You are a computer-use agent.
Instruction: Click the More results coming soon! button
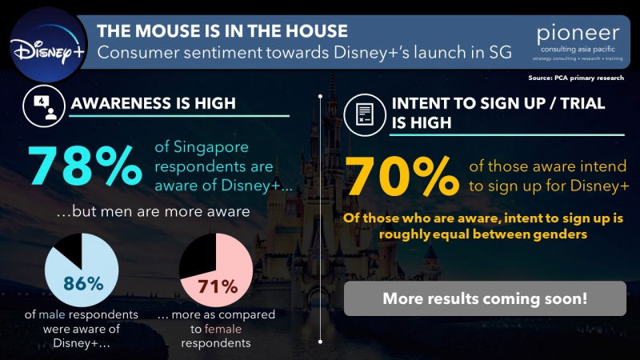point(485,299)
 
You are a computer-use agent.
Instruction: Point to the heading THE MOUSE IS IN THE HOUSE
point(222,31)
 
